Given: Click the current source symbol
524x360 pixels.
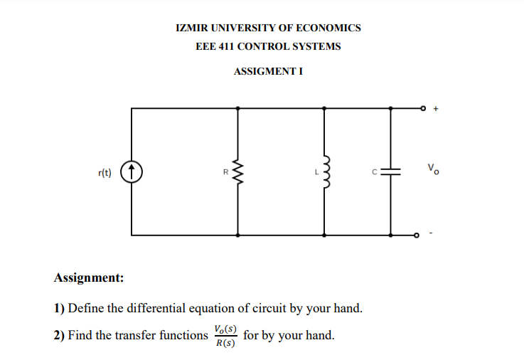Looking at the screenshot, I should (x=132, y=171).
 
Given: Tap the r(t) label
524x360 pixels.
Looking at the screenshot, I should (x=105, y=172).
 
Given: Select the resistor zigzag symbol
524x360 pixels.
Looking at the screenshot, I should (x=237, y=171).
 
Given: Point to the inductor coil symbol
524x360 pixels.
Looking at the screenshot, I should (x=326, y=171).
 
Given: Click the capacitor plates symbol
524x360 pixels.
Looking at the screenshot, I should (x=390, y=171).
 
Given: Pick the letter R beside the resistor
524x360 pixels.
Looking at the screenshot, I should (x=225, y=171).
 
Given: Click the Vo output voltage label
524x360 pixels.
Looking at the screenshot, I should (x=433, y=169).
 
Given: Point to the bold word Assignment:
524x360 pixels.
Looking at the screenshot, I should (x=89, y=277).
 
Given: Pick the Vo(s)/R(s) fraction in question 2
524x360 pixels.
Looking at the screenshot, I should (x=225, y=336).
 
